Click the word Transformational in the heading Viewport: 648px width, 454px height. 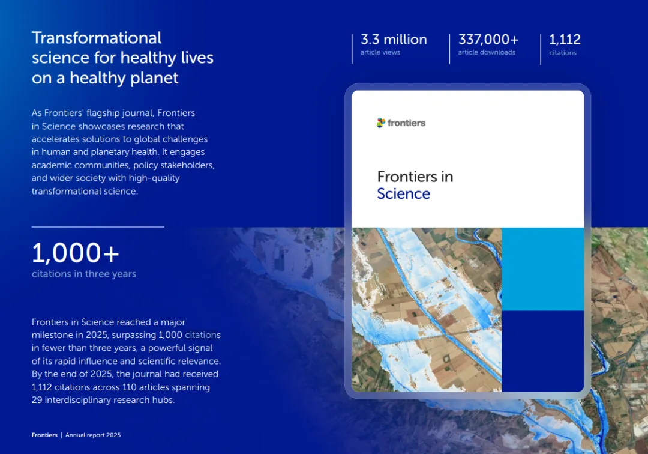point(96,38)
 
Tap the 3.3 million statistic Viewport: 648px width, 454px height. point(394,40)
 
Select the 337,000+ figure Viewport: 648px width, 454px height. point(488,40)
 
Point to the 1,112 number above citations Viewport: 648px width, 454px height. point(565,40)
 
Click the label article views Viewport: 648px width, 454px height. point(380,52)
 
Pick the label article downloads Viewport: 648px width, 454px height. point(487,52)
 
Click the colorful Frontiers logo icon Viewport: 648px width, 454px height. point(380,123)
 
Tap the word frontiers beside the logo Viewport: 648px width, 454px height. point(406,123)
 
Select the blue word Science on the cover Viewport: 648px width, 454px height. point(403,193)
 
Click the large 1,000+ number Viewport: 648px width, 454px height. point(75,253)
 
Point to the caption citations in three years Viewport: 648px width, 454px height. point(84,274)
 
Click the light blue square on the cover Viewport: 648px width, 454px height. point(542,269)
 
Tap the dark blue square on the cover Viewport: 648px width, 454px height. point(542,351)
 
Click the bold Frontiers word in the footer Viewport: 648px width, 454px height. point(44,435)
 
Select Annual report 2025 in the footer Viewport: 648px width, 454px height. point(93,435)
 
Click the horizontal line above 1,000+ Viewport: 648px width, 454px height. point(98,226)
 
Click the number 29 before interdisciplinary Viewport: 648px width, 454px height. point(37,400)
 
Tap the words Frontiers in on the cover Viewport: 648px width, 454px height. point(415,177)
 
